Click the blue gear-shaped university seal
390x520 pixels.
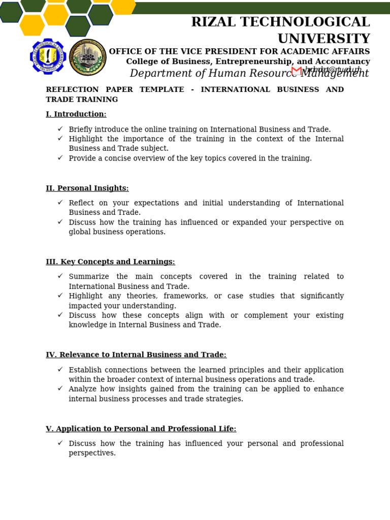pyautogui.click(x=48, y=56)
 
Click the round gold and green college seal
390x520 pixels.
pyautogui.click(x=87, y=57)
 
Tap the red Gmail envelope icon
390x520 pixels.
pyautogui.click(x=297, y=71)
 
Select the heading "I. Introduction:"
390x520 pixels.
pyautogui.click(x=76, y=114)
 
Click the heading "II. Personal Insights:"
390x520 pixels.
pyautogui.click(x=87, y=188)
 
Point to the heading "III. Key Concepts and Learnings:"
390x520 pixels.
pyautogui.click(x=110, y=262)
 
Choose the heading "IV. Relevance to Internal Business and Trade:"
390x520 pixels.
pyautogui.click(x=136, y=355)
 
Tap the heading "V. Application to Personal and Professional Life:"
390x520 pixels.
pyautogui.click(x=141, y=429)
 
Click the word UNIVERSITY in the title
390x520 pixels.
pyautogui.click(x=323, y=39)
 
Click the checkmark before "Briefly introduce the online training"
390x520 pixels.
pyautogui.click(x=60, y=129)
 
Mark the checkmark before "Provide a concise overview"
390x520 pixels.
pyautogui.click(x=60, y=158)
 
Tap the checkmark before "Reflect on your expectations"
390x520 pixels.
pyautogui.click(x=60, y=203)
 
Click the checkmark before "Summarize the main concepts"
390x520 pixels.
pyautogui.click(x=60, y=276)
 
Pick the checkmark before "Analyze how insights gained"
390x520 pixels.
pyautogui.click(x=60, y=389)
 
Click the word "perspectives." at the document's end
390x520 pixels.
pyautogui.click(x=92, y=453)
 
